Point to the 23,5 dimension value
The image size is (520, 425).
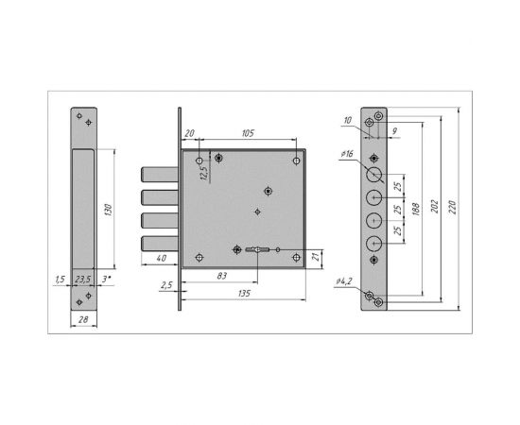pos(83,280)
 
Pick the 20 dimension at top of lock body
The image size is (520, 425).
pos(189,134)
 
